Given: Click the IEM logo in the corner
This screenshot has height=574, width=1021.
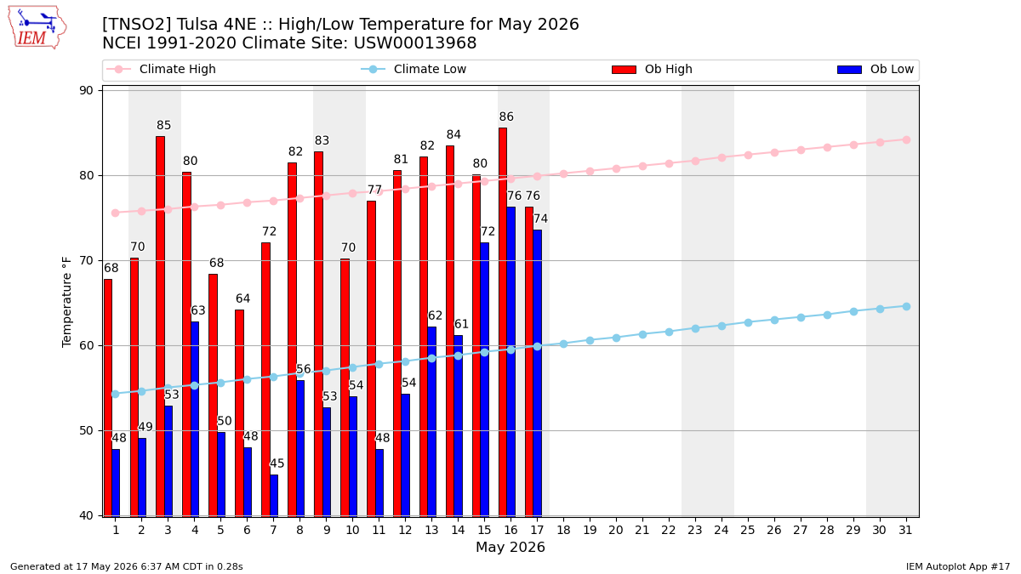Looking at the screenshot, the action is click(37, 28).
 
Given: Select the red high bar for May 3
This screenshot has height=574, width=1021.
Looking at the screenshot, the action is click(161, 327).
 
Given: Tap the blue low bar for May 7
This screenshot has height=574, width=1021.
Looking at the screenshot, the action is click(274, 496).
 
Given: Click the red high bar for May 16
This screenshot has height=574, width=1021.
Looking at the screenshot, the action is click(503, 322).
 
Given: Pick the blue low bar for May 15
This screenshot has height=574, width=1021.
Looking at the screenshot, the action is click(484, 379).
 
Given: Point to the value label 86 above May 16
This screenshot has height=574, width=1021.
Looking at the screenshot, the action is click(506, 117).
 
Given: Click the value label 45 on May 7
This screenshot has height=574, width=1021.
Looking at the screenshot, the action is click(277, 463).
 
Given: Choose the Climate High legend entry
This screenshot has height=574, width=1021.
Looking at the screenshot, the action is click(161, 69).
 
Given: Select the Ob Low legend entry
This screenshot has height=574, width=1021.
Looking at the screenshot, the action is click(876, 69).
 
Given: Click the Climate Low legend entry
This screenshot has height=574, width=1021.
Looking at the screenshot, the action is click(414, 69).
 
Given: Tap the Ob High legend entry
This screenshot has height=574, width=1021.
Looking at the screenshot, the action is click(653, 69).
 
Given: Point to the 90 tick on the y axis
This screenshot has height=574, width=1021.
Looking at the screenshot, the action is click(86, 91).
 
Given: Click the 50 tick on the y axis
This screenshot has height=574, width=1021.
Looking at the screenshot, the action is click(86, 431).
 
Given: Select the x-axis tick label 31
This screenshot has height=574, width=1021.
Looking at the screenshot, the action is click(905, 531).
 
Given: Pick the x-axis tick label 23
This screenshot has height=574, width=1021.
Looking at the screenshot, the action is click(695, 531).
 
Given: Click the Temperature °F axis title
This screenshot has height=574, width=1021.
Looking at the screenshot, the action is click(67, 302).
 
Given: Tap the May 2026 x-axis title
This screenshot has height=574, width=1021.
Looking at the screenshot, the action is click(510, 548).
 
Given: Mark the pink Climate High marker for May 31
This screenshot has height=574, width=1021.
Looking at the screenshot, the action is click(906, 139).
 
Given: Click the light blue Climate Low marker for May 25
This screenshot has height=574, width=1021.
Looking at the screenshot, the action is click(748, 322).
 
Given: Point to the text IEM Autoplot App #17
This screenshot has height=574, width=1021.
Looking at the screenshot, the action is click(958, 566).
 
